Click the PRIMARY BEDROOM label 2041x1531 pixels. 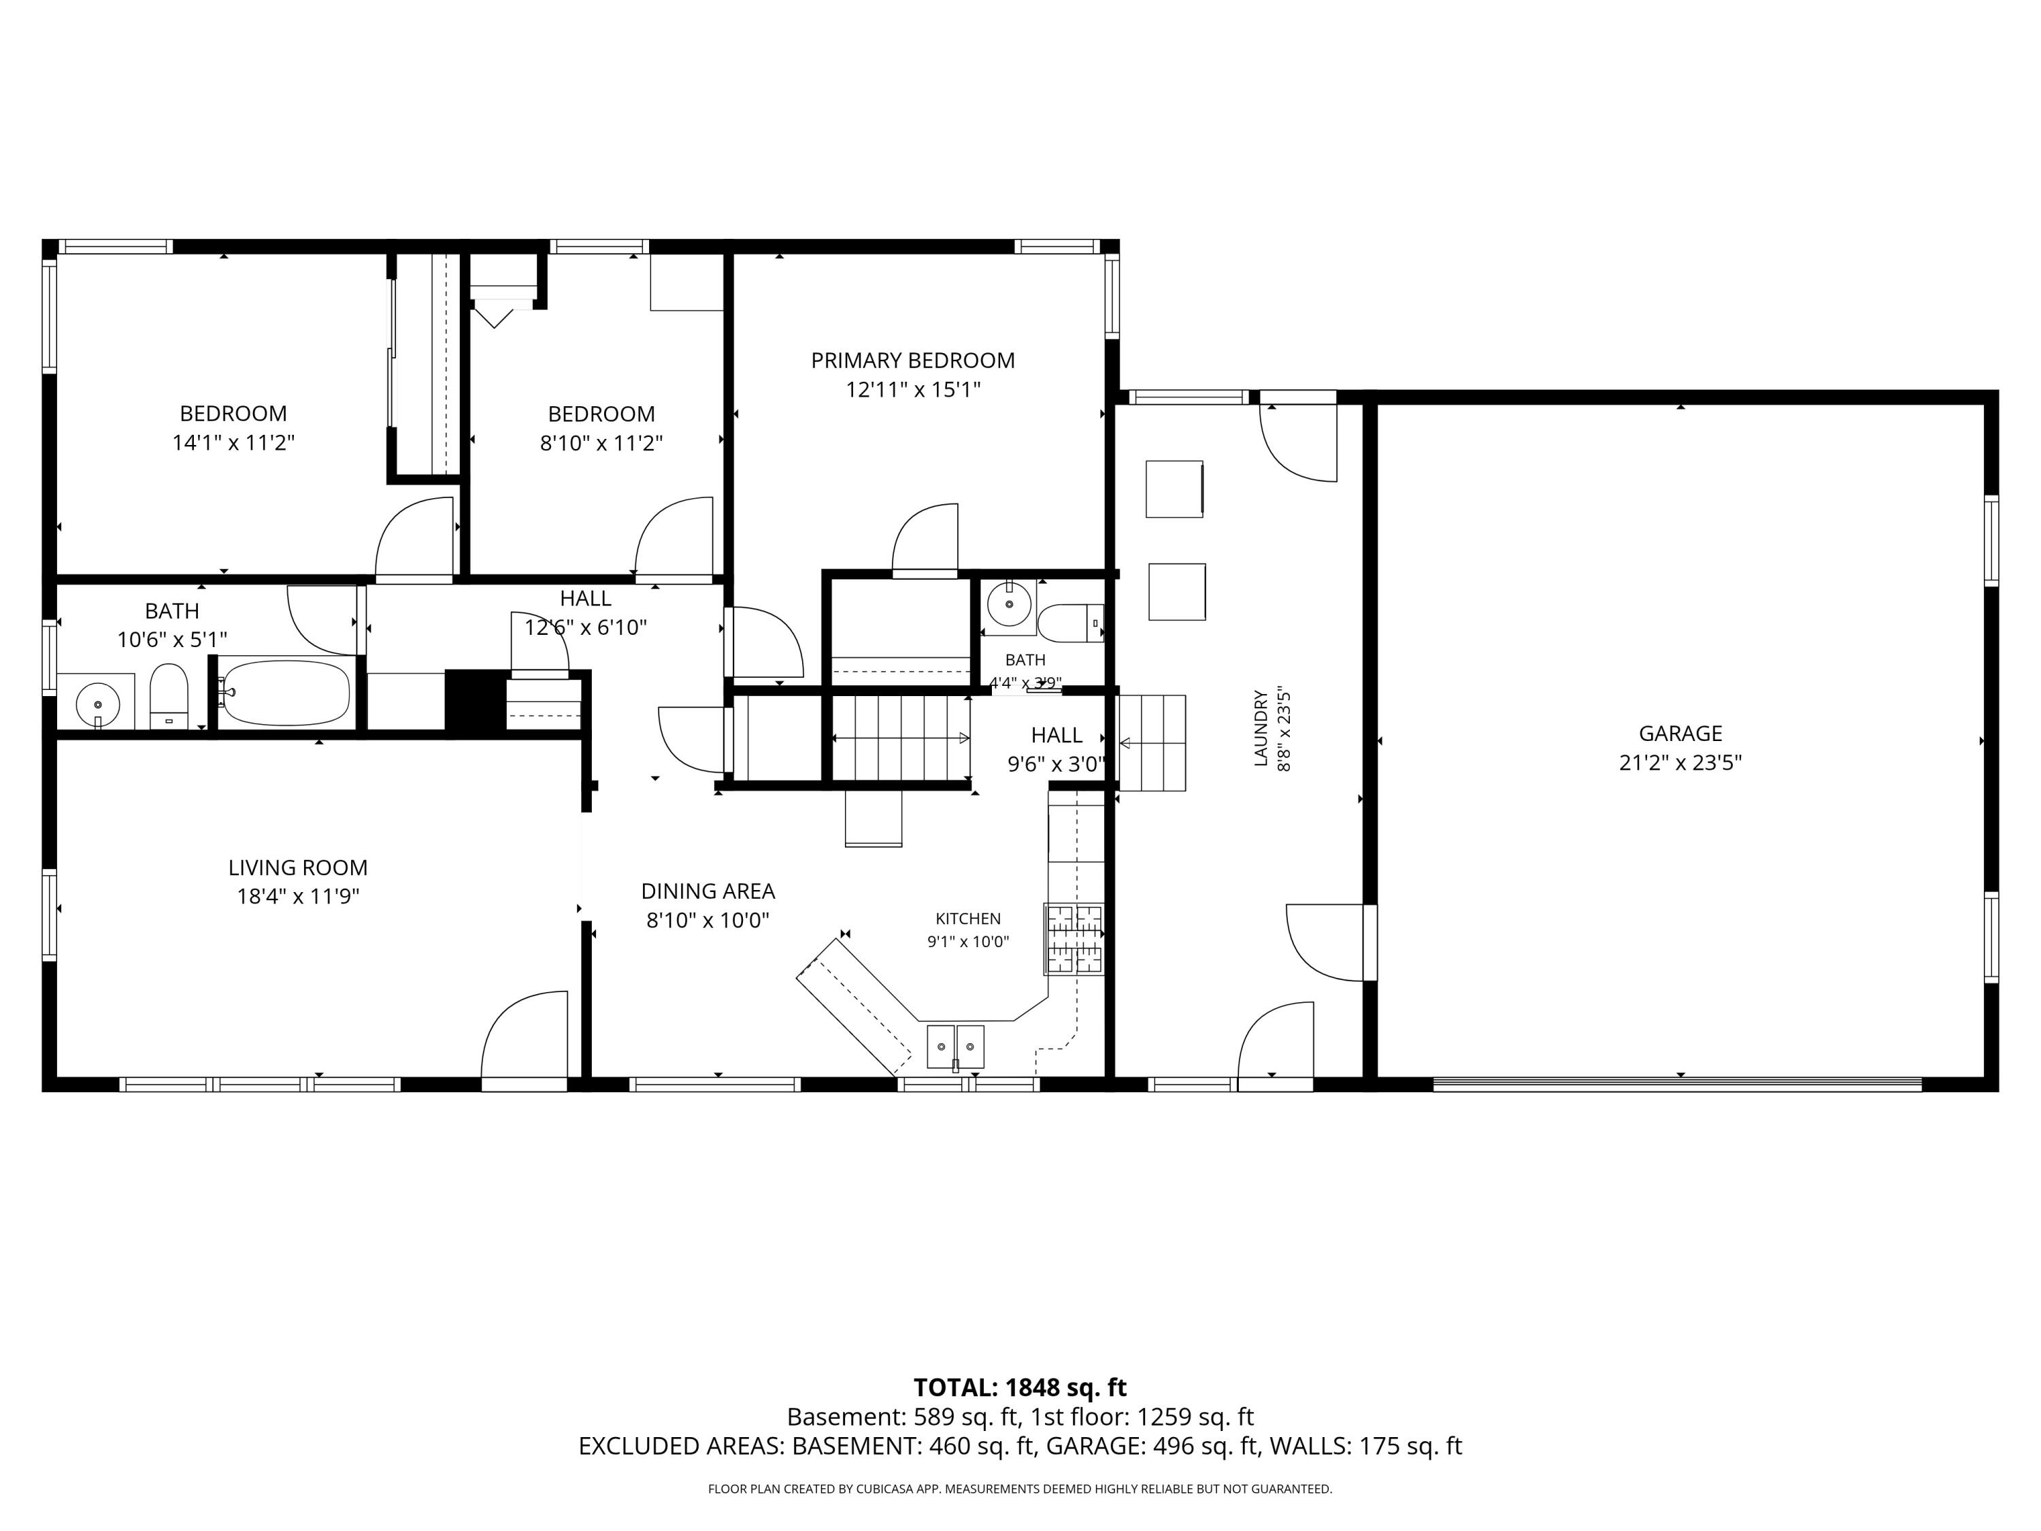click(x=912, y=361)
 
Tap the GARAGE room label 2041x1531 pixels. click(x=1680, y=734)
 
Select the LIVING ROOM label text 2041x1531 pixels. click(x=298, y=868)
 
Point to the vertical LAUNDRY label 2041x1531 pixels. click(x=1261, y=728)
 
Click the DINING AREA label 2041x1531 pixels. click(x=708, y=891)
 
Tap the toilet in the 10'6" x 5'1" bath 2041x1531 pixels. click(x=169, y=696)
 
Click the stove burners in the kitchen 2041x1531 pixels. click(x=1074, y=938)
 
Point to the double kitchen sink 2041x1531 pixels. click(x=955, y=1046)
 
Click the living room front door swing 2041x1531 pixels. click(x=524, y=1034)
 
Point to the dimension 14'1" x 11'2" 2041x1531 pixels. click(x=233, y=443)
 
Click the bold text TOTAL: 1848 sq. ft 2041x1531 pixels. click(x=1020, y=1388)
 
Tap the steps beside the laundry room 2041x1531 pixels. click(x=1152, y=743)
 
